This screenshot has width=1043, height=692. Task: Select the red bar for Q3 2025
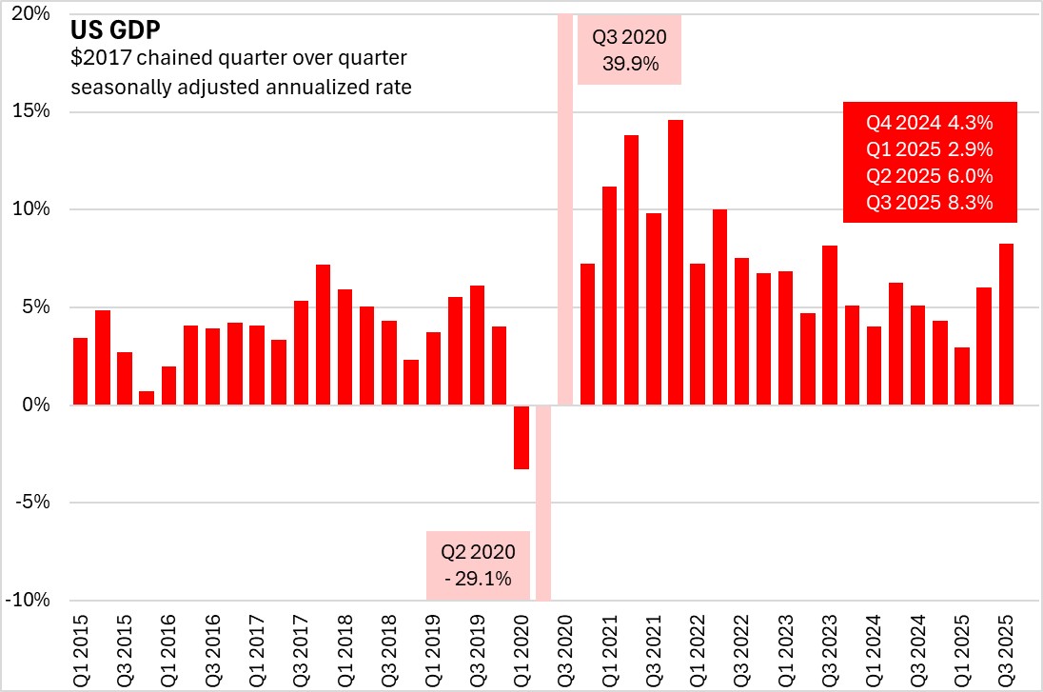pos(1006,325)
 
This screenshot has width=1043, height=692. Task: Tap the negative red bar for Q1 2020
pos(521,437)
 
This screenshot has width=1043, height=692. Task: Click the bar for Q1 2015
pos(81,371)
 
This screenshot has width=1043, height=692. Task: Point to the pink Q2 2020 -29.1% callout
pos(477,564)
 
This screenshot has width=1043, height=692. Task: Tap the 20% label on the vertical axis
pos(37,14)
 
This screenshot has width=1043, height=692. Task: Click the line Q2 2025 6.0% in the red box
pos(929,175)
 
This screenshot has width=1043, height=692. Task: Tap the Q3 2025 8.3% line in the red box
pos(929,202)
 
